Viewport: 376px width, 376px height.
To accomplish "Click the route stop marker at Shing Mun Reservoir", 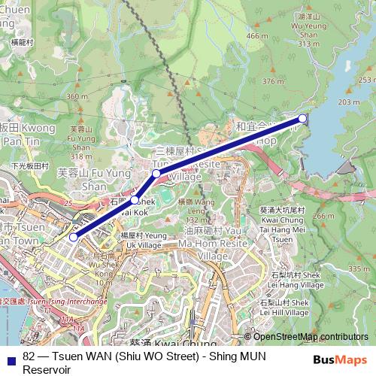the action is pos(302,118).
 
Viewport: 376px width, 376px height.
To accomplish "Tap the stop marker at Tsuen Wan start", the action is pos(73,237).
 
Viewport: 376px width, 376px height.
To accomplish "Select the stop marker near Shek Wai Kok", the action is pos(135,200).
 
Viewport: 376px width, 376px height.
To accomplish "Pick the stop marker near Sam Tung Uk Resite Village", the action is pos(156,174).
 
